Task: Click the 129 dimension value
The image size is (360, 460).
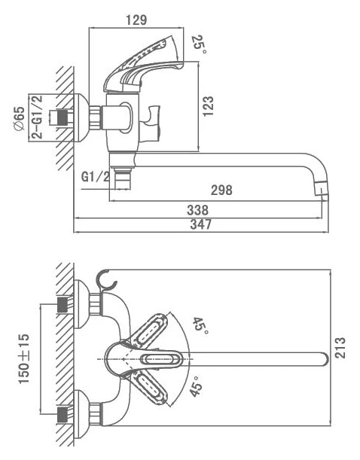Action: click(136, 20)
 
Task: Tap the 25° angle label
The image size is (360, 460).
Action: click(200, 44)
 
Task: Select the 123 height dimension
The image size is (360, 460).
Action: click(208, 106)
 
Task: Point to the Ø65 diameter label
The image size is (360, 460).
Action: click(20, 118)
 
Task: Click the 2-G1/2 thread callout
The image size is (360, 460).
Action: click(37, 117)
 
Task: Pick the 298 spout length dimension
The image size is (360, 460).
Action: click(221, 190)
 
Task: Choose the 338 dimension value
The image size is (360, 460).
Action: click(198, 210)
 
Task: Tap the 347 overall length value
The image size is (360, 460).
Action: click(201, 224)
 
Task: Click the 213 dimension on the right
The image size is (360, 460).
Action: click(340, 347)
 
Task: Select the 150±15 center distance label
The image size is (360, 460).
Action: click(24, 358)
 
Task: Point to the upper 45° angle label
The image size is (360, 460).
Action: click(201, 326)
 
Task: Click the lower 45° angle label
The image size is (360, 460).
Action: click(196, 386)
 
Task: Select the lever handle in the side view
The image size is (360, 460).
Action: click(144, 65)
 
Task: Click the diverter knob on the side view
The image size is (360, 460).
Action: click(150, 123)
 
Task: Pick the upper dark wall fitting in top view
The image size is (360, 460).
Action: click(63, 304)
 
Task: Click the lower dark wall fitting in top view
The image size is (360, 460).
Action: click(63, 414)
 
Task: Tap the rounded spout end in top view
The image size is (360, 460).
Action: click(324, 359)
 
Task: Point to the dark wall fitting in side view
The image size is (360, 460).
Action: click(63, 117)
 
